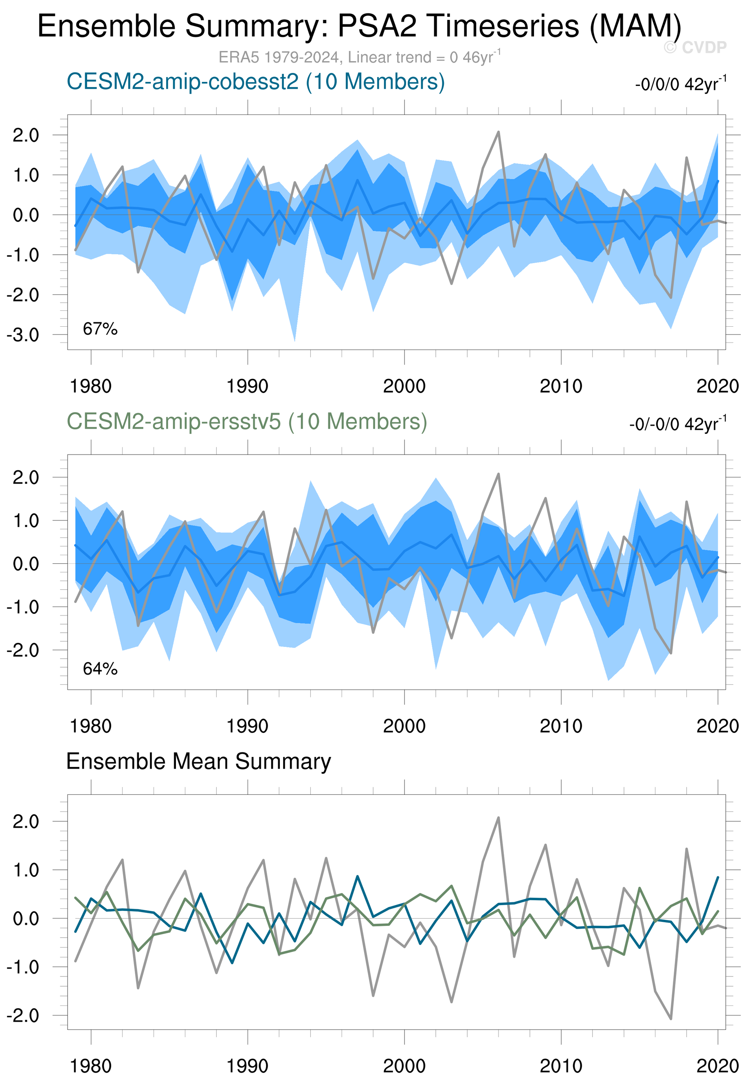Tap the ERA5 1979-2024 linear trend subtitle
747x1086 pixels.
tap(359, 57)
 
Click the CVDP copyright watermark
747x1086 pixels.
tap(695, 47)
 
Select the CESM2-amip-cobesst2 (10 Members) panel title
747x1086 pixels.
tap(255, 81)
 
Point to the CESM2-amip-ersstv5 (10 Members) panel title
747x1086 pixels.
tap(247, 421)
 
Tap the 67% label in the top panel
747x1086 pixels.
tap(100, 329)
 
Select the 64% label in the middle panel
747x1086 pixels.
tap(100, 669)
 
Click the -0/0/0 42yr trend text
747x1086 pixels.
tap(681, 84)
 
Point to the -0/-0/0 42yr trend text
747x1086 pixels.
tap(677, 424)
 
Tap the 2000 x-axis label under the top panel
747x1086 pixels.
tap(404, 387)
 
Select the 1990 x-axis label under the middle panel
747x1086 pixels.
tap(247, 726)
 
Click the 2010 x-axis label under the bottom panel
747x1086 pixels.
tap(561, 1066)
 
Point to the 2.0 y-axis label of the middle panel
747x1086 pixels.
tap(26, 477)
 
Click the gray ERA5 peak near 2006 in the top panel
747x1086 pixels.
tap(499, 132)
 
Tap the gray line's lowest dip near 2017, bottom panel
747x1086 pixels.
tap(671, 1019)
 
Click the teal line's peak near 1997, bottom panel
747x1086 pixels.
tap(358, 876)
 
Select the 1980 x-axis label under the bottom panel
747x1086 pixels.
tap(90, 1066)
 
